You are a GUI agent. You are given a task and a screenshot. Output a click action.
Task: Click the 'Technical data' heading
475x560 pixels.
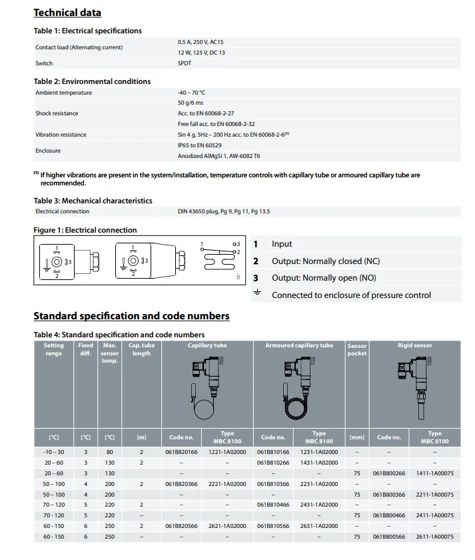[67, 13]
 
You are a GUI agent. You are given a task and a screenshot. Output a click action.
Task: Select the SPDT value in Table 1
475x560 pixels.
[185, 63]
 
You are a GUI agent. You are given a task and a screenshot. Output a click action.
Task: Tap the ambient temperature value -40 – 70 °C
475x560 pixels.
[191, 93]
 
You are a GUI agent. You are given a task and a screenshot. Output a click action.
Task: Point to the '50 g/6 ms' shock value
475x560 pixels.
[191, 103]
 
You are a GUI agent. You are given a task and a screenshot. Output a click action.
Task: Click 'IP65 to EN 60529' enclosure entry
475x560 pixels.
[199, 145]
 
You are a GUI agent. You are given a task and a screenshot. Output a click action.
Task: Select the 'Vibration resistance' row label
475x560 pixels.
[61, 135]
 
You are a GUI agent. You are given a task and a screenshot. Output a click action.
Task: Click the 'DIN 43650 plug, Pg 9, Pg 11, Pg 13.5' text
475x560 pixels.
[223, 211]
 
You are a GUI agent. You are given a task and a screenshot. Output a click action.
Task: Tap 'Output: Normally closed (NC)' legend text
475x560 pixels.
[326, 261]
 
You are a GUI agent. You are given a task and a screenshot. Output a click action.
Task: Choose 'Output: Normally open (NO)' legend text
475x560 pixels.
[324, 278]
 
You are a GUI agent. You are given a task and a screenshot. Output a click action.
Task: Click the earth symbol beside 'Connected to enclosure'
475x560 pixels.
[256, 294]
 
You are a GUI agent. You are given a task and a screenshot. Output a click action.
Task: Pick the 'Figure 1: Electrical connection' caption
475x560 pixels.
[85, 230]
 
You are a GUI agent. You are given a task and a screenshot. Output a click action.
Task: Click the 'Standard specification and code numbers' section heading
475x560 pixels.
[131, 316]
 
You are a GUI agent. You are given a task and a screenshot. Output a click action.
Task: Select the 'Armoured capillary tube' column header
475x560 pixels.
[299, 346]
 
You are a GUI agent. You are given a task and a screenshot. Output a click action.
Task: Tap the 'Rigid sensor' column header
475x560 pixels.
[414, 346]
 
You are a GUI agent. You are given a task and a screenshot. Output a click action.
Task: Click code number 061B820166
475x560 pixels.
[181, 452]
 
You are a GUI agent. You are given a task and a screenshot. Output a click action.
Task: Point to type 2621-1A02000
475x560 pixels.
[227, 526]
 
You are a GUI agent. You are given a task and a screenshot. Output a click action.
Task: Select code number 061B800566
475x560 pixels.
[389, 537]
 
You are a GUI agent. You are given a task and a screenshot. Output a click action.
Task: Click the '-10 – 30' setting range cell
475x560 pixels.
[54, 452]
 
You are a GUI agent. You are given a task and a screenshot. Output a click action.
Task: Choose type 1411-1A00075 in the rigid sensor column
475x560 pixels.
[434, 473]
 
